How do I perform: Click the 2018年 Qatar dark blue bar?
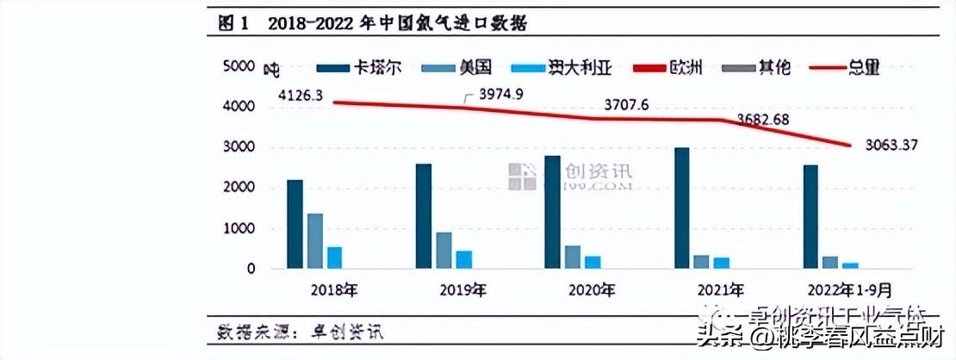295,225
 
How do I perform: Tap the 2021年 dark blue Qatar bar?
681,208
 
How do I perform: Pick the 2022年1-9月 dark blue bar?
811,217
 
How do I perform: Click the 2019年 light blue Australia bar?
463,260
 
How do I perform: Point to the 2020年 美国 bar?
573,258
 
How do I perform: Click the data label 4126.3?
300,96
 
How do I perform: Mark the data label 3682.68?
762,120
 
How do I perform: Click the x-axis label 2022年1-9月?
831,290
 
